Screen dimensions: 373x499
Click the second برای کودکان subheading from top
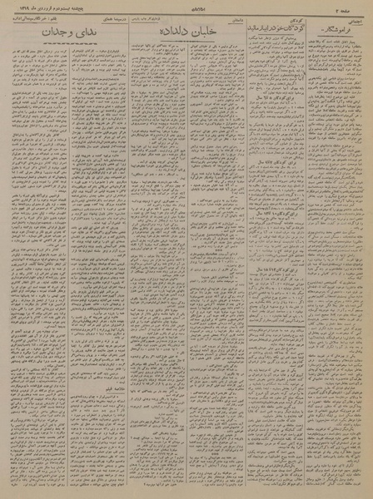click(x=275, y=202)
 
